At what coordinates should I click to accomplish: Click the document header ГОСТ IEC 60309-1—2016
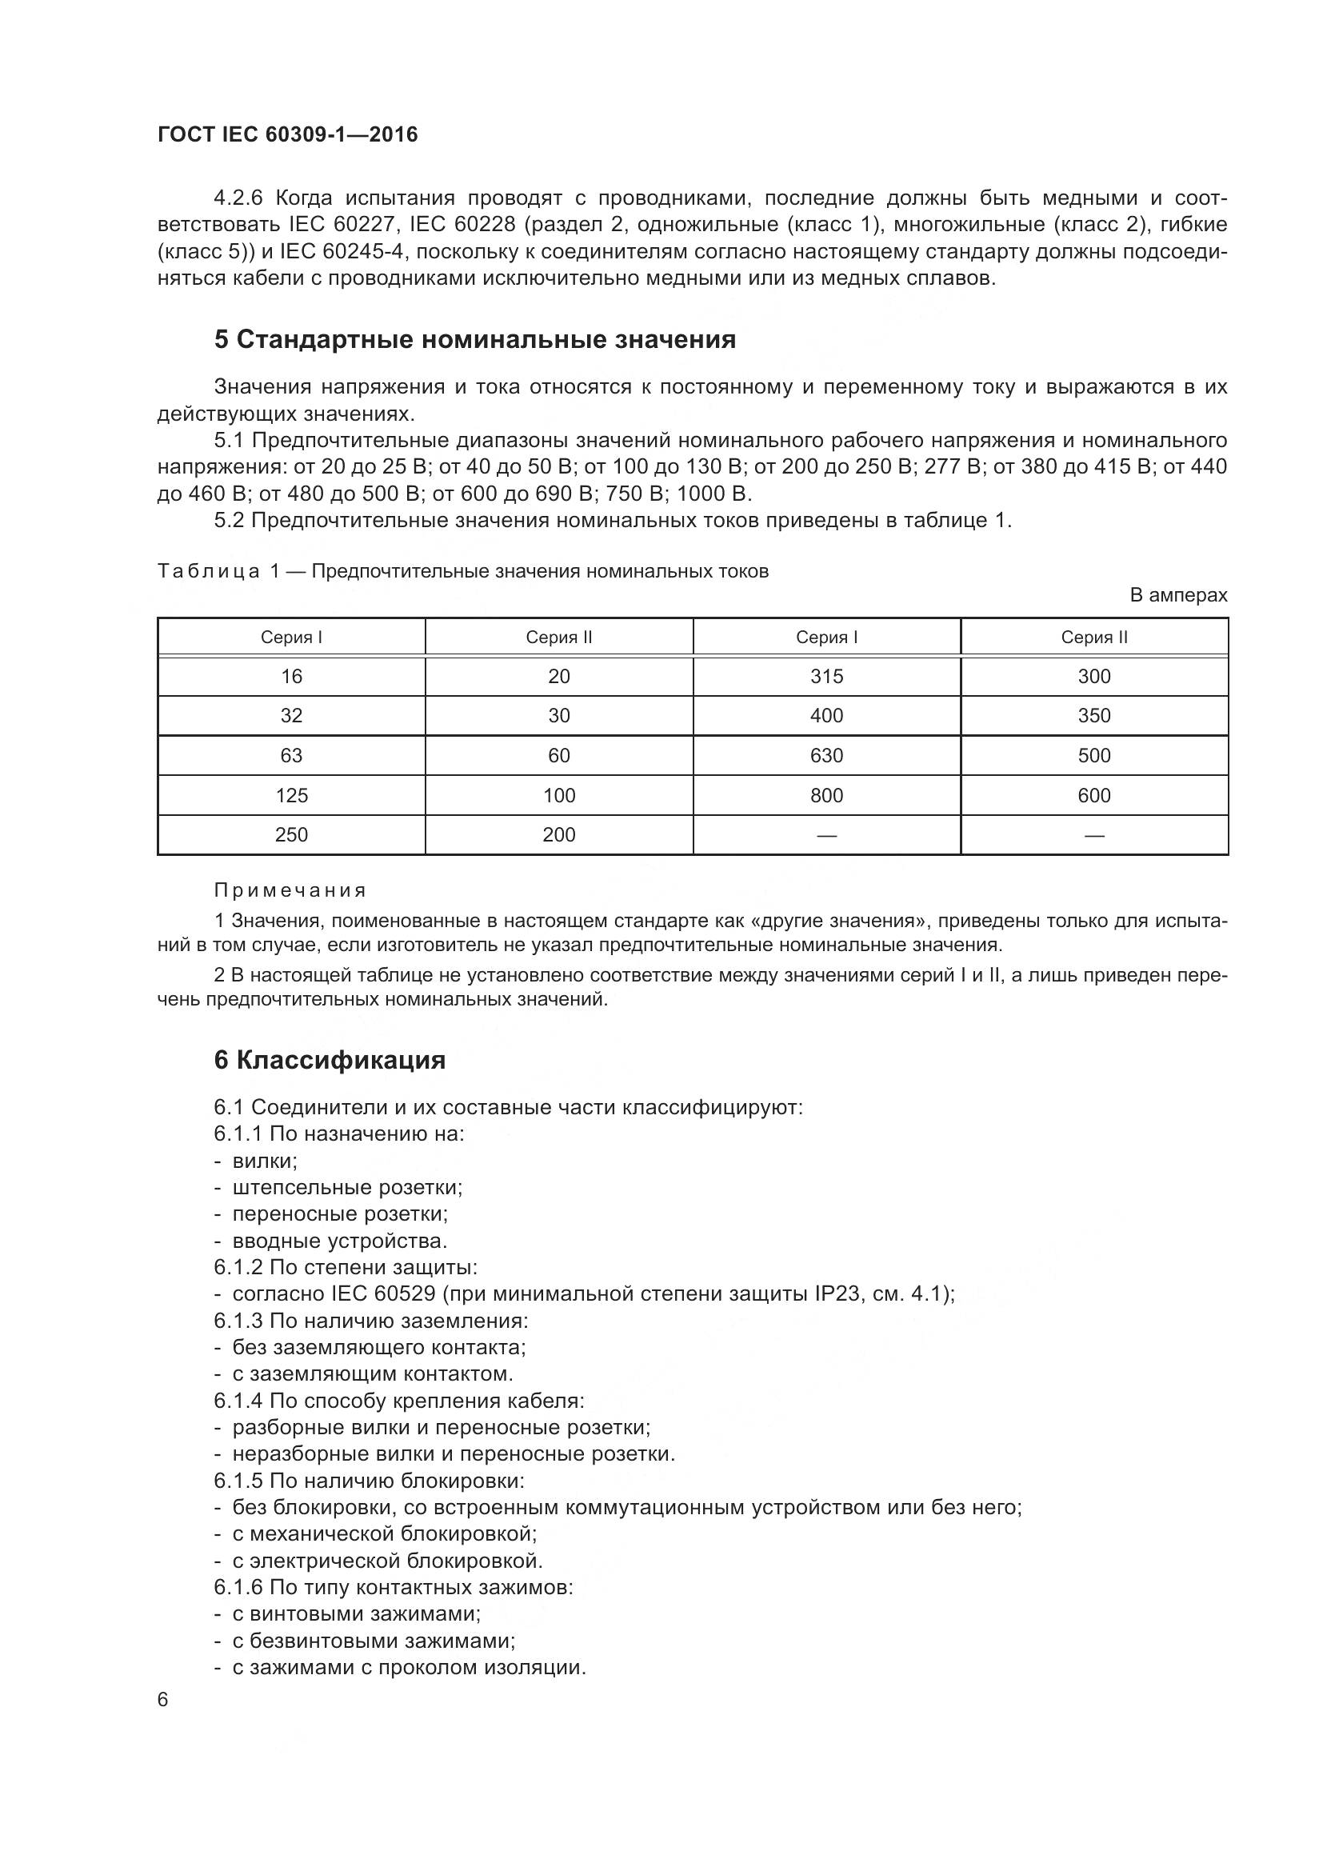tap(288, 135)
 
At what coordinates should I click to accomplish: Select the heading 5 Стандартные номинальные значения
tap(475, 340)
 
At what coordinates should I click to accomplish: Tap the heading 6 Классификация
tap(330, 1060)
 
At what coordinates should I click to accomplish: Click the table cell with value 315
tap(826, 677)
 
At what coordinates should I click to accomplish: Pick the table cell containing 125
tap(291, 795)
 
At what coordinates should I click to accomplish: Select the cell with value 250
tap(291, 834)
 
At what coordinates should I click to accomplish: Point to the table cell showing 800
tap(826, 795)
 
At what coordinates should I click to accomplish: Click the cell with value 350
tap(1093, 715)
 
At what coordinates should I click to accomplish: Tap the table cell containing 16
tap(291, 677)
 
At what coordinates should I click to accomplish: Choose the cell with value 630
tap(826, 755)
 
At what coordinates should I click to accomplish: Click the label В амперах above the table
tap(1178, 596)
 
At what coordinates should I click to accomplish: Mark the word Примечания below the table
tap(290, 890)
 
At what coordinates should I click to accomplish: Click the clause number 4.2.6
tap(239, 198)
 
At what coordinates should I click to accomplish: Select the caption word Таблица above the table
tap(209, 571)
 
